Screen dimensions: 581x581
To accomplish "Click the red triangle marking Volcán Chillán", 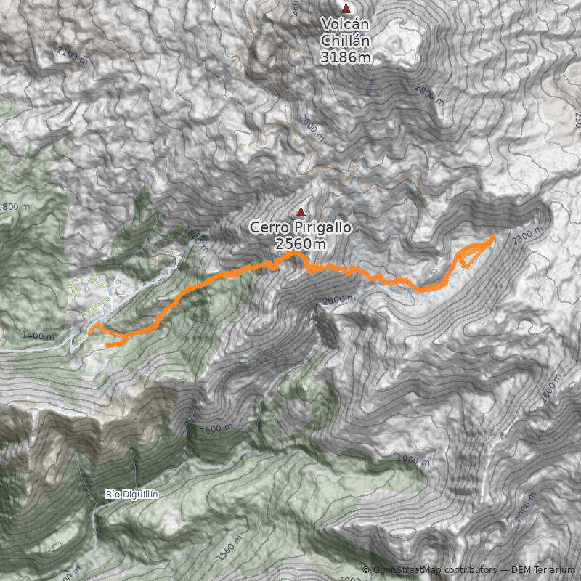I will click(x=346, y=9).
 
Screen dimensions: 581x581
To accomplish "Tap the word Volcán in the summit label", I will click(x=346, y=25).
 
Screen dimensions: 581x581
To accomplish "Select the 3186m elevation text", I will click(x=346, y=56).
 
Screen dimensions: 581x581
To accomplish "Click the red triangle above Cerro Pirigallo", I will click(x=301, y=211).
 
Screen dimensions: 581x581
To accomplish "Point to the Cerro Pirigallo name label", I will click(x=301, y=227).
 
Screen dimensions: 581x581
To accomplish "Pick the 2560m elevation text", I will click(x=301, y=244).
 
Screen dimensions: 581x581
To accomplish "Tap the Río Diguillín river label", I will click(x=132, y=495).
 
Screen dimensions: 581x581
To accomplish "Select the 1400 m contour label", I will click(x=38, y=336).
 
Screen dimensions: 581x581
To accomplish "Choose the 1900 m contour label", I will click(x=413, y=460).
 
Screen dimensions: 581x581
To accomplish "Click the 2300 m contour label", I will click(x=527, y=235).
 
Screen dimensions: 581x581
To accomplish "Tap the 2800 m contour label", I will click(x=428, y=94).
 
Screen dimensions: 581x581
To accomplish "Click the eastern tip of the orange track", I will click(x=494, y=237).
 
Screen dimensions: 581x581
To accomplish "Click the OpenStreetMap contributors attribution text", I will click(x=434, y=570).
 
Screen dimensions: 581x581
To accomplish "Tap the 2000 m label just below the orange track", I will click(x=340, y=299).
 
